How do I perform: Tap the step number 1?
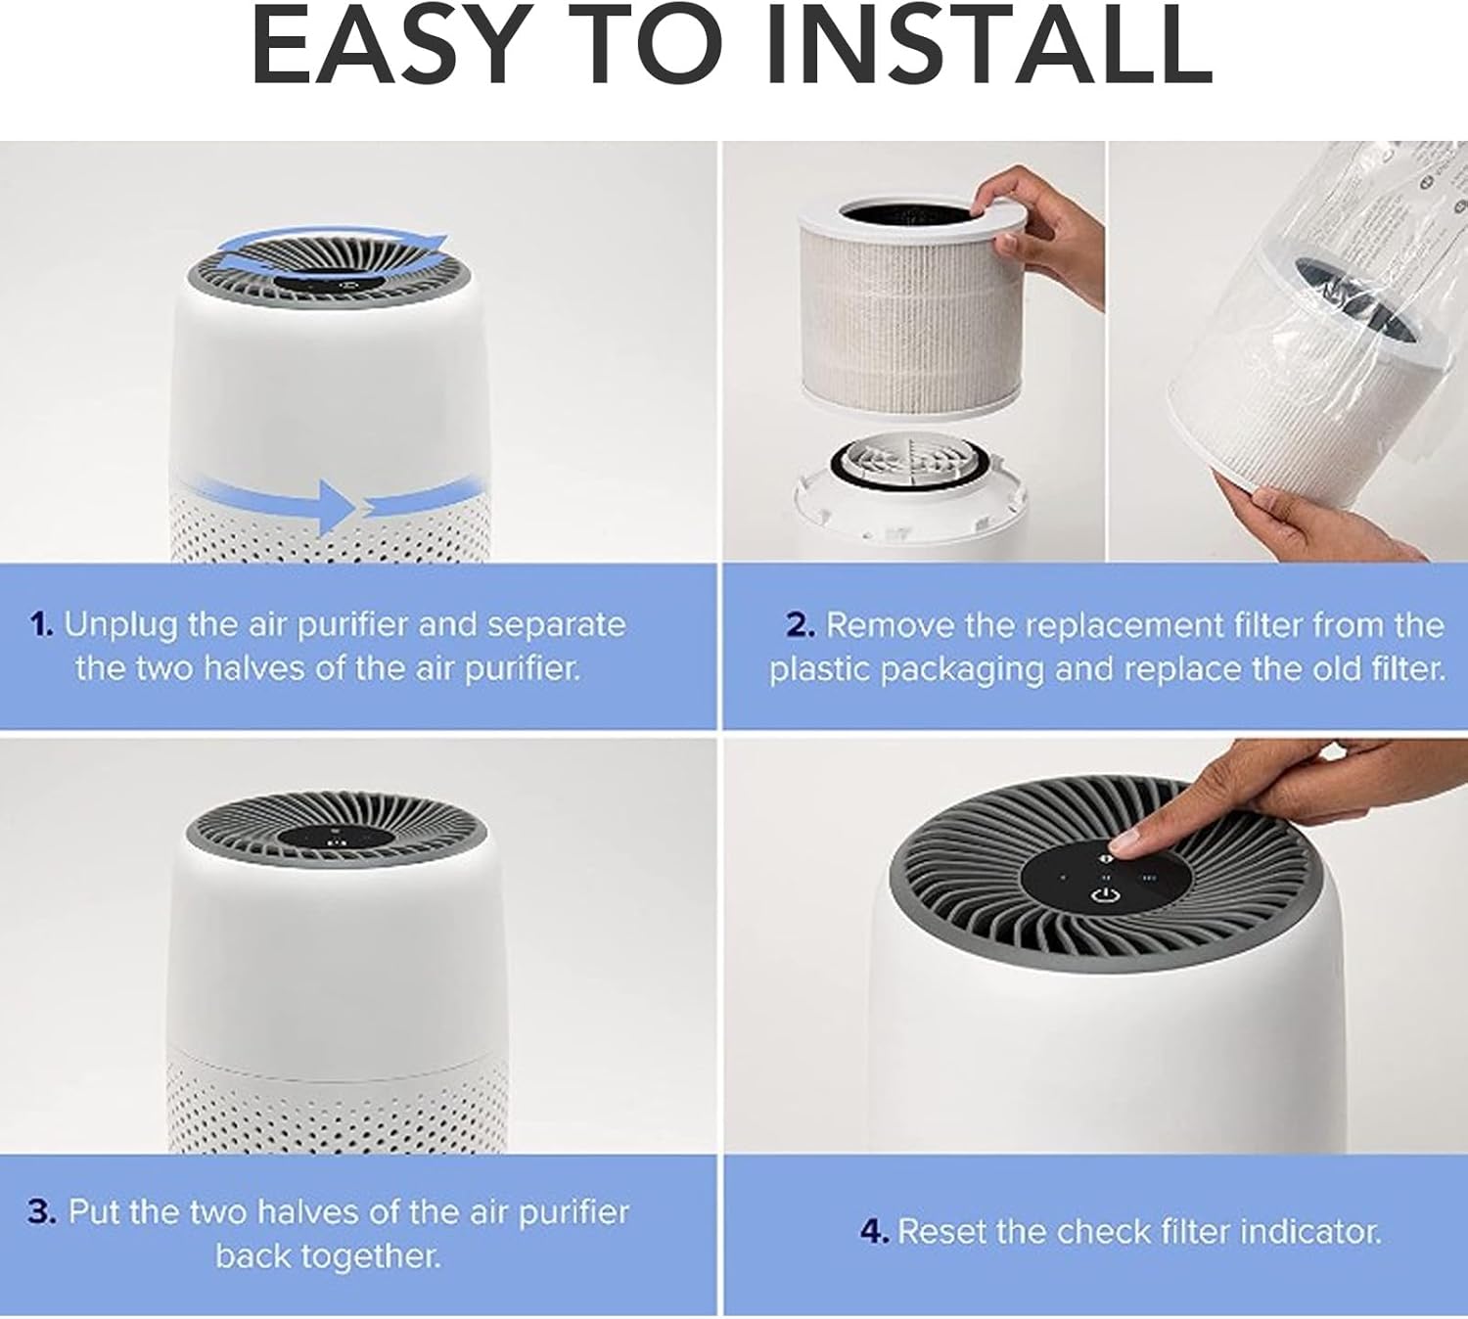pyautogui.click(x=41, y=624)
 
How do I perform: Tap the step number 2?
pyautogui.click(x=800, y=624)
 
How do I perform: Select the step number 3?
pyautogui.click(x=41, y=1211)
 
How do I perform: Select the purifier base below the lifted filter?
pyautogui.click(x=910, y=499)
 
